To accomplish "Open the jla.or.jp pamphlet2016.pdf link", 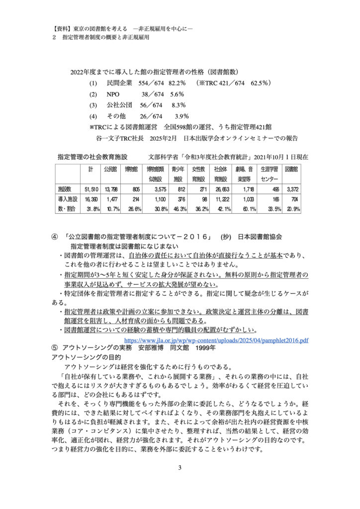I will pos(216,340).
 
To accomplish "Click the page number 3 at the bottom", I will pos(180,468).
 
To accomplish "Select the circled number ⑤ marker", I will pos(55,348).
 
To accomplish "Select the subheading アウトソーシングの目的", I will pos(87,357).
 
